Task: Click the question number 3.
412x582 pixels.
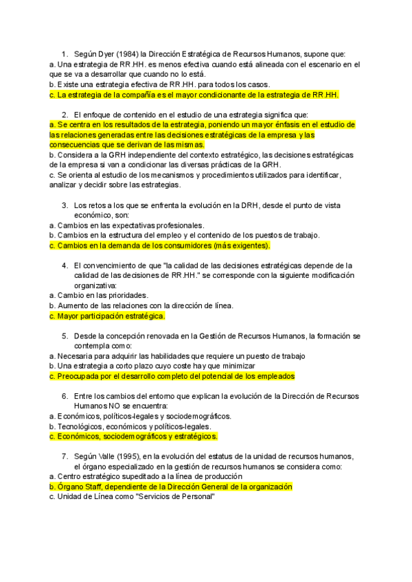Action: tap(65, 205)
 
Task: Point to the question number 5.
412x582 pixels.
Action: tap(65, 336)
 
